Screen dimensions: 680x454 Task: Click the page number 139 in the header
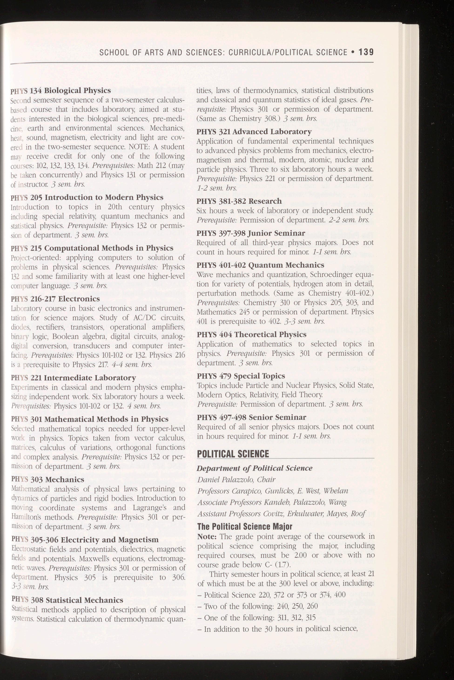point(366,52)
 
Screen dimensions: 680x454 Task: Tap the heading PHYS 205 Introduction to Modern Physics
point(87,198)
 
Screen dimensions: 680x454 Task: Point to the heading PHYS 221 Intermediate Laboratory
point(73,378)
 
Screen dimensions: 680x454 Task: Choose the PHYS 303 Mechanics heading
point(47,480)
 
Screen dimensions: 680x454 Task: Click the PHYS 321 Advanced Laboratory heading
point(254,132)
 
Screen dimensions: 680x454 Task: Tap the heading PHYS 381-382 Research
point(239,201)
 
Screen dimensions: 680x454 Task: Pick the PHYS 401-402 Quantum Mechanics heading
point(260,265)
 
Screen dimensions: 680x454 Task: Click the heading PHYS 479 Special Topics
point(241,376)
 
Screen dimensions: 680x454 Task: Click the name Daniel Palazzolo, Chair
point(236,480)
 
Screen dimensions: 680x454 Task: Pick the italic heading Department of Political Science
point(255,468)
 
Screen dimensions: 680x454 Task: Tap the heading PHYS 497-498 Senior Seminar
point(251,417)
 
